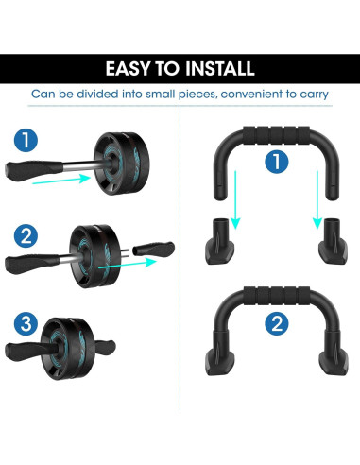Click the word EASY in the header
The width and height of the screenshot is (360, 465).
129,68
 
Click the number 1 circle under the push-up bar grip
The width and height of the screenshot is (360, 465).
275,162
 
